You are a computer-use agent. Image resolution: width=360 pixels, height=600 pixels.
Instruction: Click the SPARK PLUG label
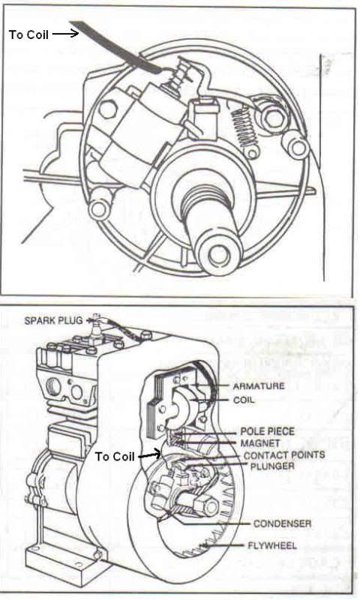(x=53, y=320)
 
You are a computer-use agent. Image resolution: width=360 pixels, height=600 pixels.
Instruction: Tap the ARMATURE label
(x=259, y=386)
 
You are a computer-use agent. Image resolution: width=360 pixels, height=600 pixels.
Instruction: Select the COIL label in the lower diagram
(x=244, y=400)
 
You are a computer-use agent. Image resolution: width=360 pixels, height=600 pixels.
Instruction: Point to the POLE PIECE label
(x=268, y=431)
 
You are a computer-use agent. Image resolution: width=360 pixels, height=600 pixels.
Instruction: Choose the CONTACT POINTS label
(x=284, y=455)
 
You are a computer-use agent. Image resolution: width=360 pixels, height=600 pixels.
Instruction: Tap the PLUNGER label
(x=272, y=466)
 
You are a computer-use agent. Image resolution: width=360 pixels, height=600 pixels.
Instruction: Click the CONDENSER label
(x=282, y=523)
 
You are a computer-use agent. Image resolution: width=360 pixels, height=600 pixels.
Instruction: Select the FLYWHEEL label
(x=272, y=546)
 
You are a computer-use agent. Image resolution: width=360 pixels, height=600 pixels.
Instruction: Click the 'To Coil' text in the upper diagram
(x=29, y=34)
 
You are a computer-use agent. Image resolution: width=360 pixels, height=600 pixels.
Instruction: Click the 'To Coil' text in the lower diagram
(x=115, y=457)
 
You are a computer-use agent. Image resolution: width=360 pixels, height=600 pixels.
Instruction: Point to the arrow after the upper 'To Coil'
(x=65, y=34)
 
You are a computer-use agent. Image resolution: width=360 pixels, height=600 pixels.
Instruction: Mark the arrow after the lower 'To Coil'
(x=149, y=455)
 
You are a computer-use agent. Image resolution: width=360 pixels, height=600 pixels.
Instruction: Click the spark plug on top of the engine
(x=95, y=322)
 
